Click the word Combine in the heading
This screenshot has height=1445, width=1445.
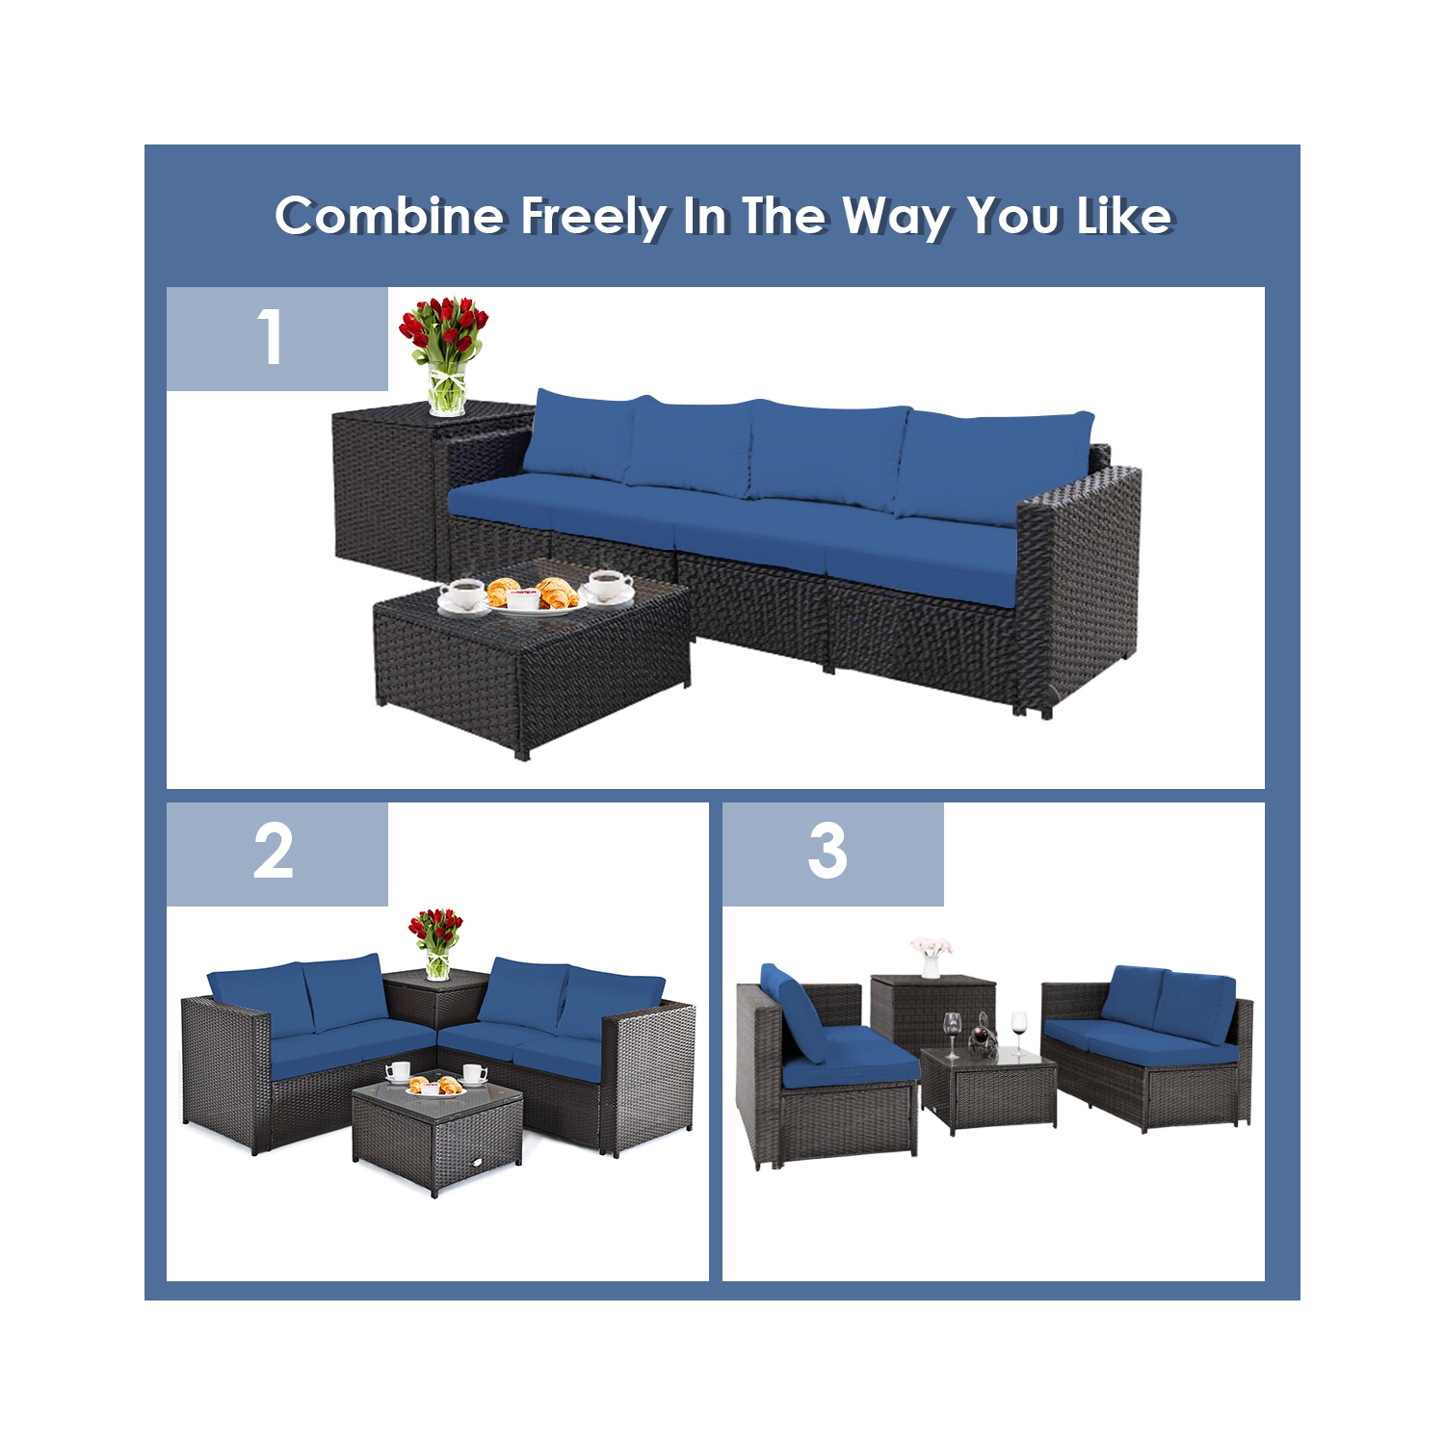pyautogui.click(x=389, y=216)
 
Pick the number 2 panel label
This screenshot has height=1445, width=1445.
pyautogui.click(x=275, y=853)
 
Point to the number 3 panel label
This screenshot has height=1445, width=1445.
pyautogui.click(x=828, y=853)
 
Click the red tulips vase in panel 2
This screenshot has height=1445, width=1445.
pyautogui.click(x=436, y=942)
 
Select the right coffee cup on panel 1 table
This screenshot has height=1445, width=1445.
pyautogui.click(x=609, y=584)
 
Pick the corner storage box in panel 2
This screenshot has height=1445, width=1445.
pyautogui.click(x=433, y=1002)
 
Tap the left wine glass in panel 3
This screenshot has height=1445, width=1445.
pyautogui.click(x=952, y=1031)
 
